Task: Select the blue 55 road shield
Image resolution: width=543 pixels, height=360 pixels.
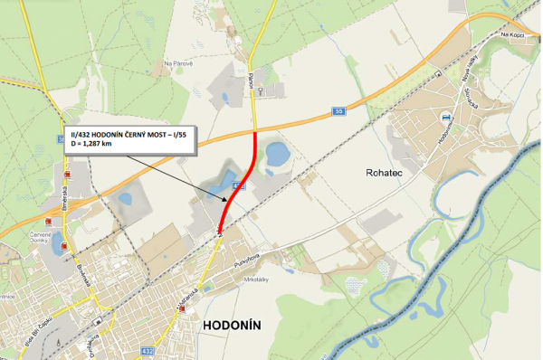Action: (338, 111)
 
